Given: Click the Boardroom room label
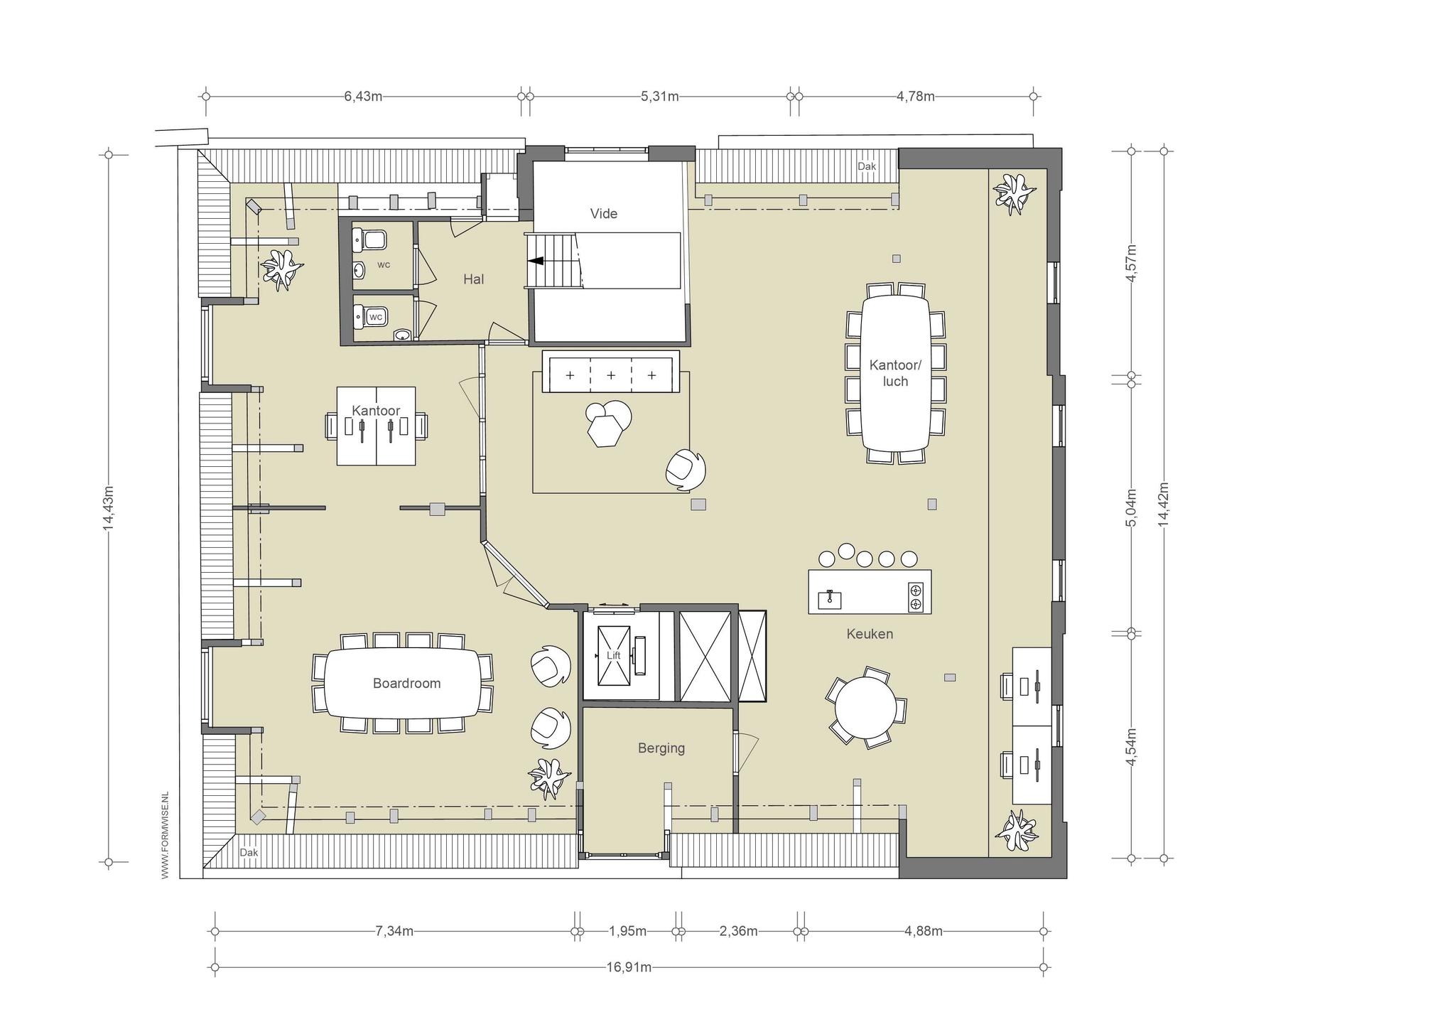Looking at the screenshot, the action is [x=406, y=684].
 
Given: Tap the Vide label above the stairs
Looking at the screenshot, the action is [x=604, y=214].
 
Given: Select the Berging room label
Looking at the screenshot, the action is [x=661, y=748].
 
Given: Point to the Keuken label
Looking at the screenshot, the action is [x=870, y=634].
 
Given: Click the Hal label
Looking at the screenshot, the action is [x=474, y=279].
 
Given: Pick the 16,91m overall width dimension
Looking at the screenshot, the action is [x=629, y=967].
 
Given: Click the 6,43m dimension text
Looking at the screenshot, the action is [x=364, y=97].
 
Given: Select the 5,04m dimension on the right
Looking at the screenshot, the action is [x=1131, y=507].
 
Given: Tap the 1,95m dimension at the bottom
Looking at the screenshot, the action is [x=628, y=931].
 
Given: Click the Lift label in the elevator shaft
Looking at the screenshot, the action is [x=613, y=655].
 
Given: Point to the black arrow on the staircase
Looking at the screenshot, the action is [x=535, y=261].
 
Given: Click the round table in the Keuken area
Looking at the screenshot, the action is [x=865, y=709].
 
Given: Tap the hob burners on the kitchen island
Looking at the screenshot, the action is [x=916, y=597].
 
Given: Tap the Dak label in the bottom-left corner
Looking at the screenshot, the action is [x=249, y=853].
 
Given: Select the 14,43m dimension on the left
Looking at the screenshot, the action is [x=108, y=507].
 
